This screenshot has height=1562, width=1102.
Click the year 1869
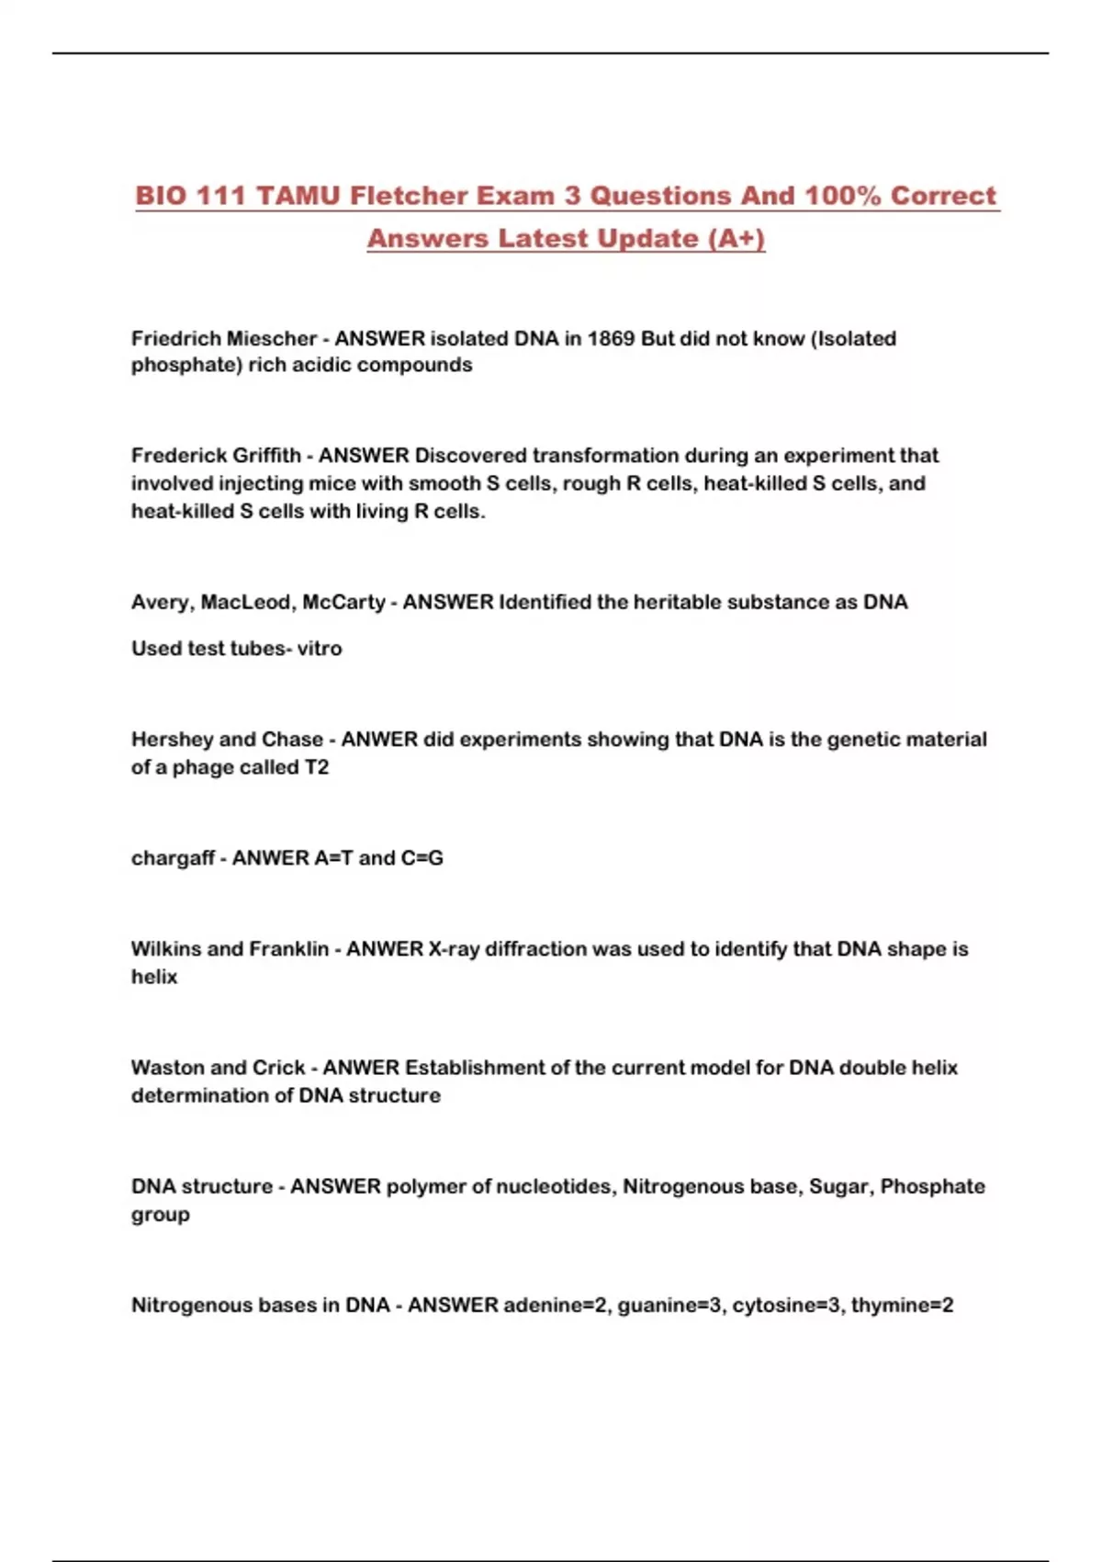tap(611, 338)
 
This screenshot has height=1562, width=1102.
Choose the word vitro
tap(320, 649)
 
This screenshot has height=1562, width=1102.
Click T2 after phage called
tap(316, 767)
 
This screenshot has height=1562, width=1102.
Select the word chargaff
tap(173, 858)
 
